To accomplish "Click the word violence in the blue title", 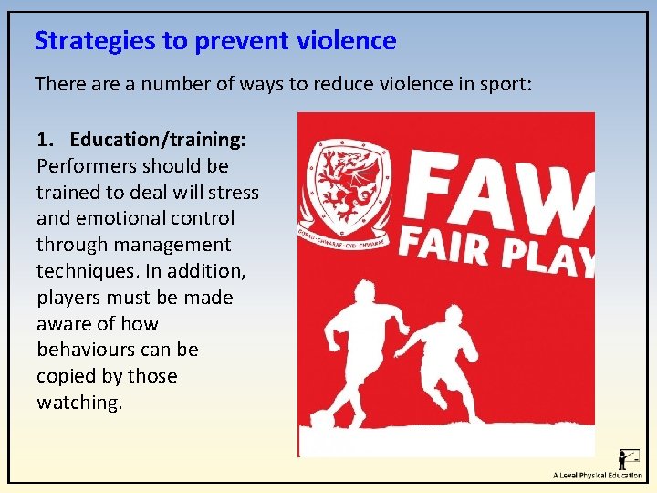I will coord(346,41).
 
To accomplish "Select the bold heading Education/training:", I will coord(157,140).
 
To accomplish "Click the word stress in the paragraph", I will coord(235,193).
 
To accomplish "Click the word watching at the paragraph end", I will coord(78,403).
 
